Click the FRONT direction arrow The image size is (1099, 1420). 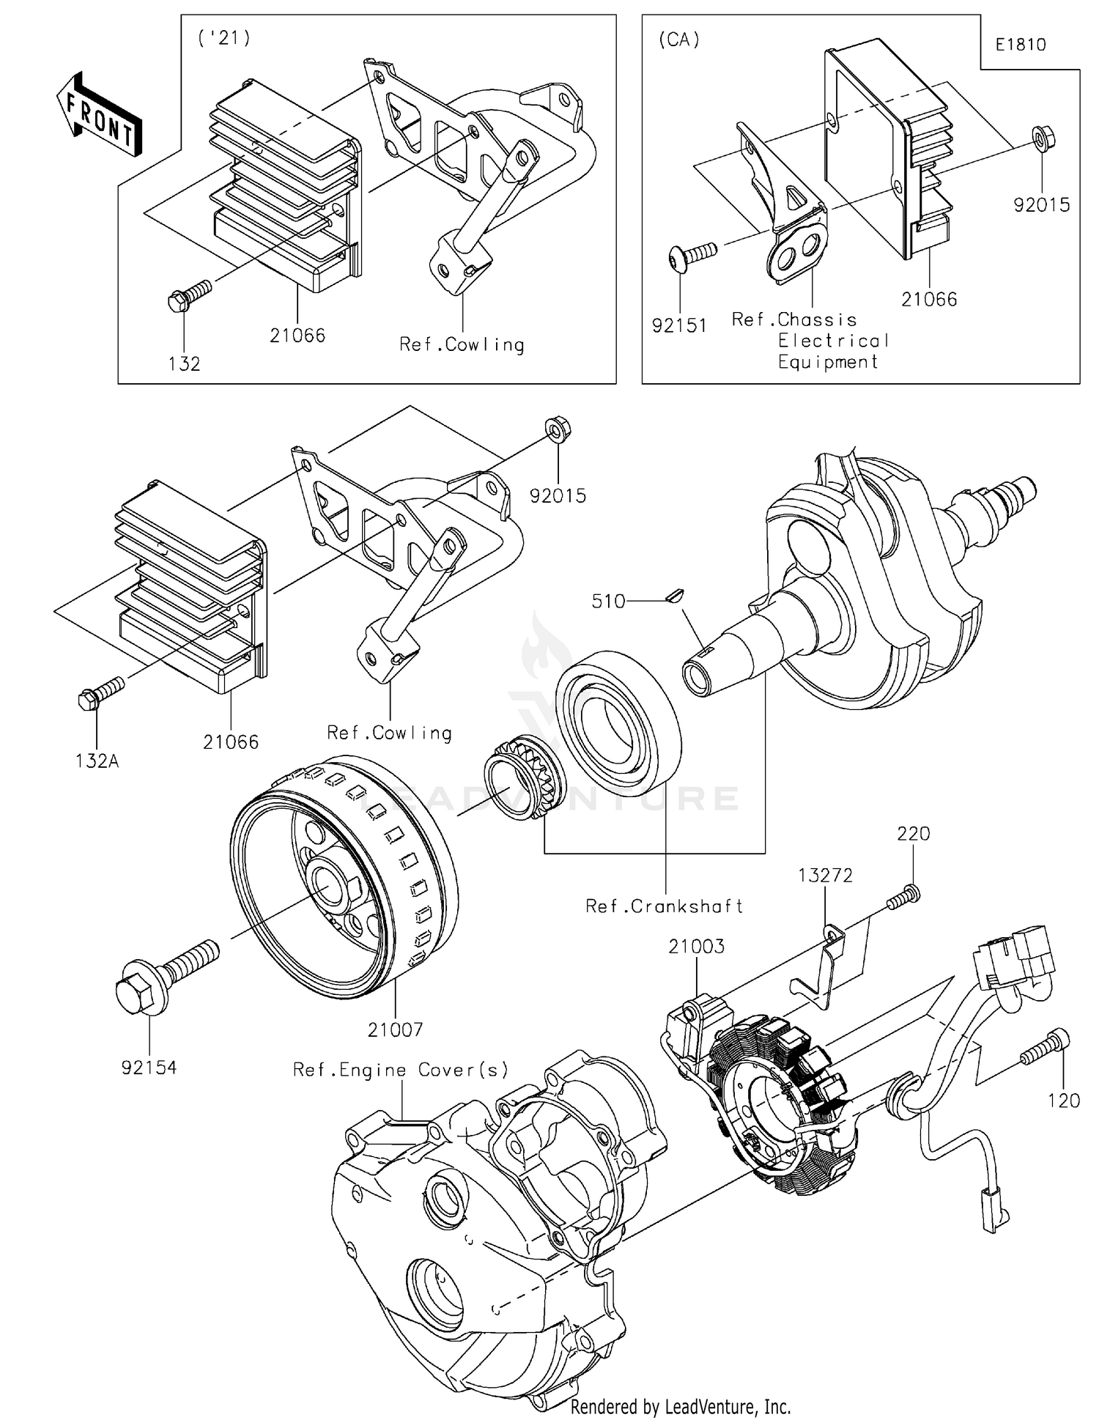coord(98,114)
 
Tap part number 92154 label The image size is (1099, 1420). coord(149,1068)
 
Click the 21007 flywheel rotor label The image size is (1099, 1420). coord(395,1029)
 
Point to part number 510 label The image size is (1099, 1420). coord(608,602)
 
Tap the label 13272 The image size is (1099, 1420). coord(826,876)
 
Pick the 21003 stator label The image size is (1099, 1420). coord(696,946)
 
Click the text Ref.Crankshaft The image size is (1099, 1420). coord(664,906)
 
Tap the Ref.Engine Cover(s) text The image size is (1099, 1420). coord(400,1070)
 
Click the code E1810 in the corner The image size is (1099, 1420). coord(1021,45)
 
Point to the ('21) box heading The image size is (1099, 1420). coord(224,39)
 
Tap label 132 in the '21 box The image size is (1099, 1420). coord(184,363)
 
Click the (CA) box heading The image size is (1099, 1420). coord(678,40)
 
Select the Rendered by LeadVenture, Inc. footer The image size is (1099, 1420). coord(680,1406)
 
